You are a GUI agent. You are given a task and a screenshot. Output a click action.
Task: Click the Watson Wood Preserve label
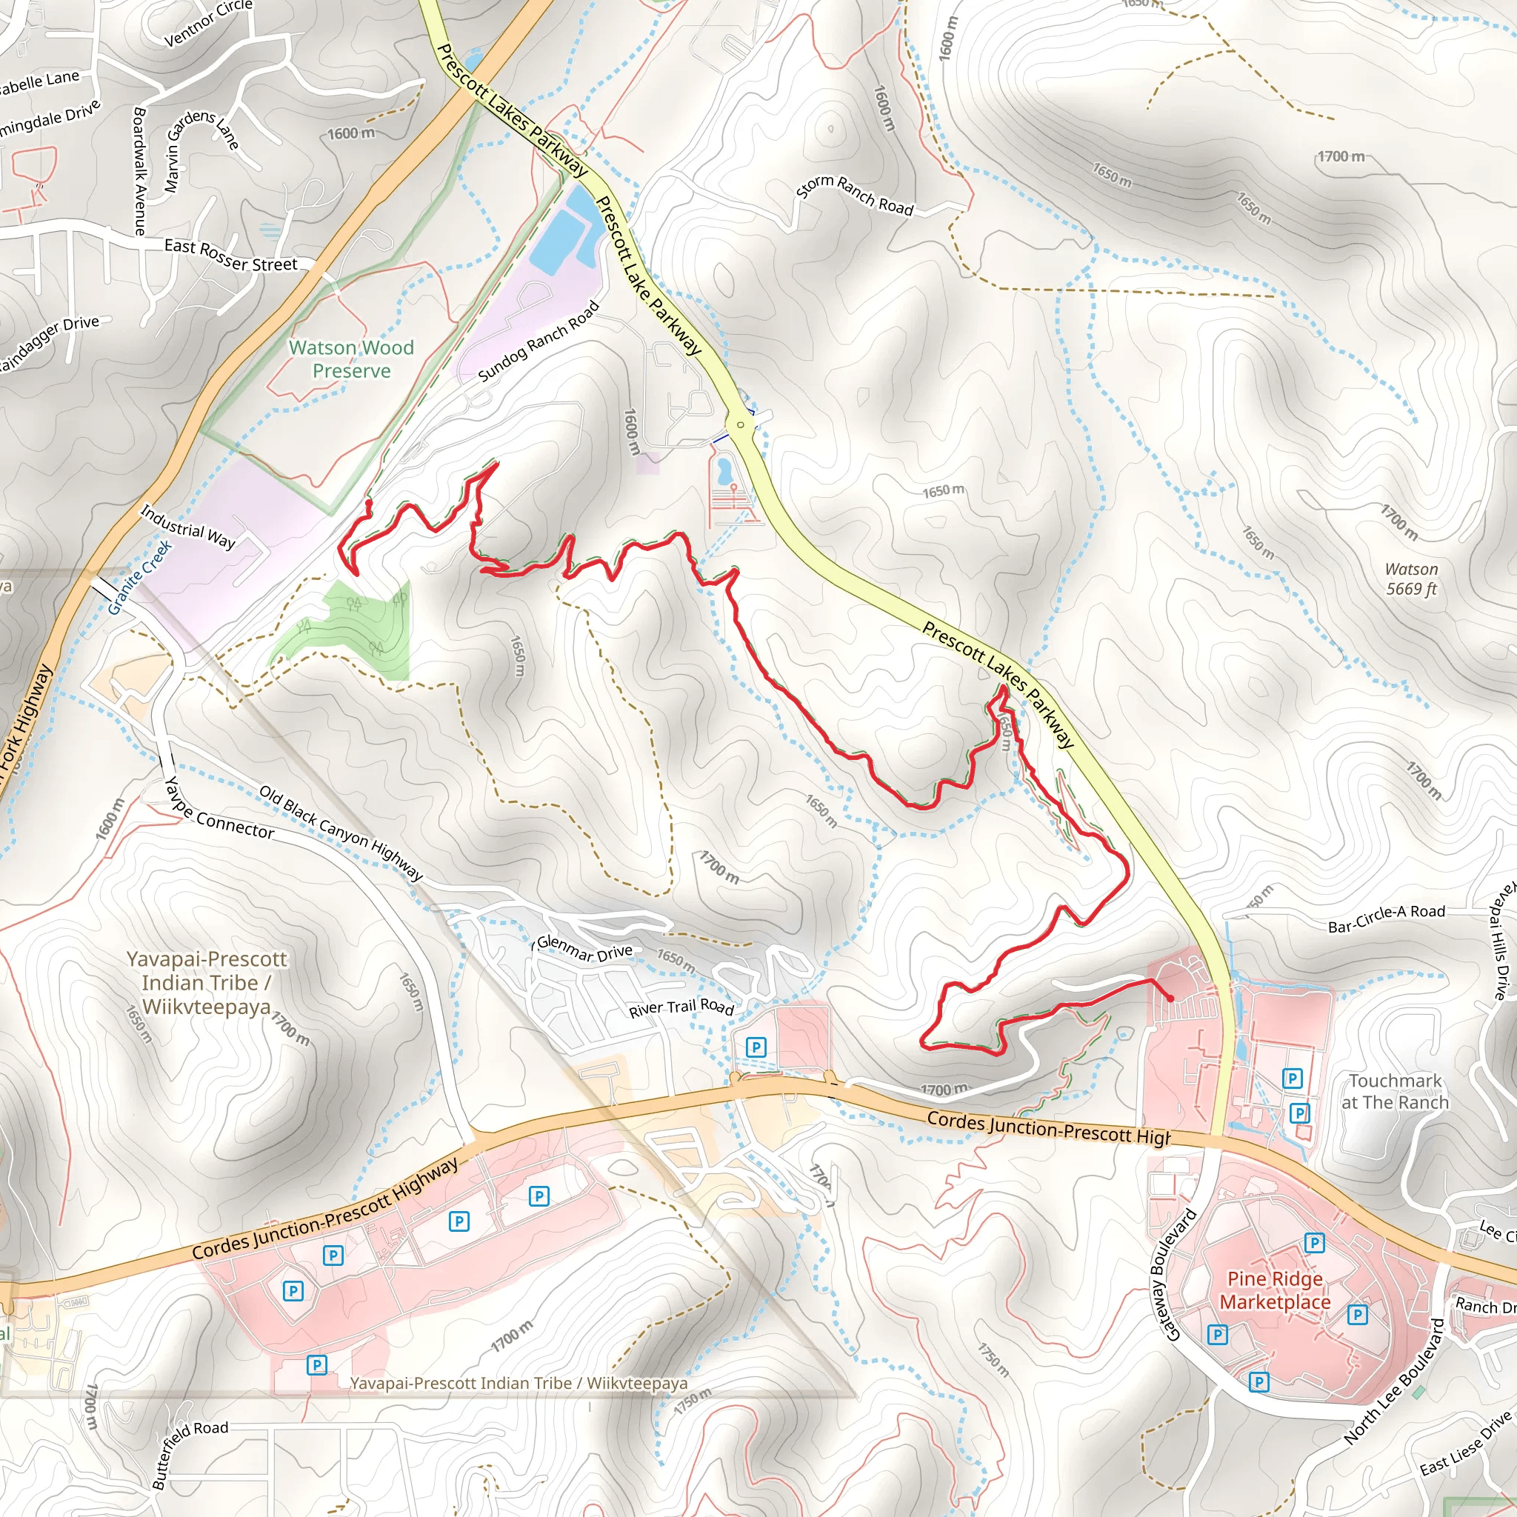pos(351,359)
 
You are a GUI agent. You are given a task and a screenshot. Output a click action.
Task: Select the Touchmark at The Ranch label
pos(1395,1091)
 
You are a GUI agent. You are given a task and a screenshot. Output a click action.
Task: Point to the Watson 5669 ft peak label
pos(1411,579)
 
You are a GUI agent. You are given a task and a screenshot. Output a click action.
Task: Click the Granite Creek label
pos(139,577)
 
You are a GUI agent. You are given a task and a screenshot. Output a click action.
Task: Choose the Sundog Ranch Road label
pos(539,341)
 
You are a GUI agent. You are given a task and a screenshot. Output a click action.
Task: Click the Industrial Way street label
pos(187,526)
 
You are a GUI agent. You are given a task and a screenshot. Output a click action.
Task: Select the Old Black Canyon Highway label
pos(341,833)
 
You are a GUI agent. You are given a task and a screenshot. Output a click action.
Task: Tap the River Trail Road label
pos(681,1008)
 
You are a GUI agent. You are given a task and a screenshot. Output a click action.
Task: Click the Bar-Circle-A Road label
pos(1386,918)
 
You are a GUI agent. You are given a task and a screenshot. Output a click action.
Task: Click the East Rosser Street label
pos(231,256)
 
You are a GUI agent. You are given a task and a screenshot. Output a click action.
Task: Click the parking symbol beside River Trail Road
pos(756,1046)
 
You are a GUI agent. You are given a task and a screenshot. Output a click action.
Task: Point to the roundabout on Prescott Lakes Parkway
pos(740,424)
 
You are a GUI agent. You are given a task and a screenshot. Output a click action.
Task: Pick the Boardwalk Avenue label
pos(139,170)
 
